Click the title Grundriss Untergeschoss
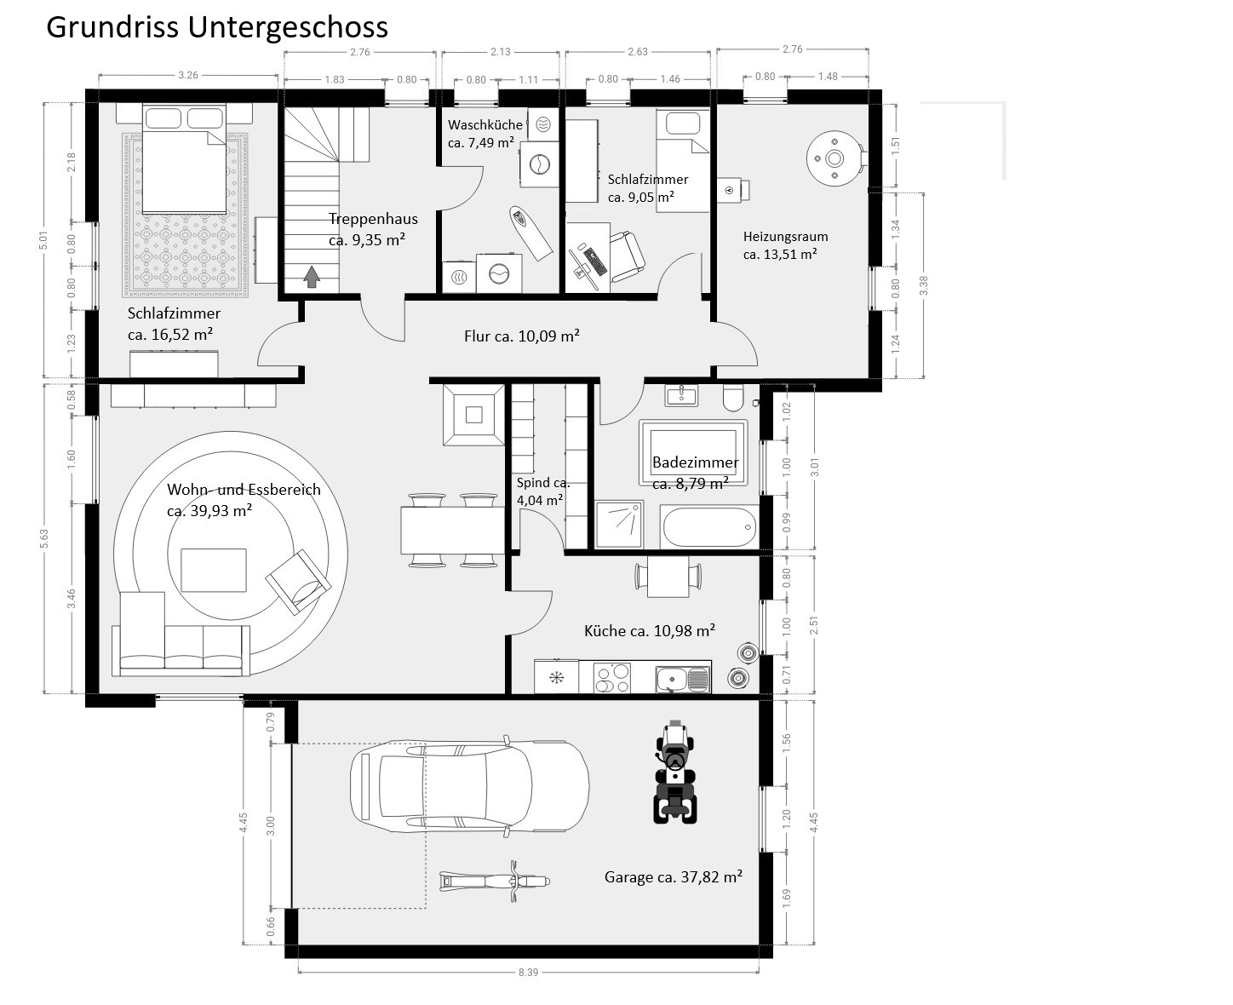[217, 28]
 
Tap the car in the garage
[469, 785]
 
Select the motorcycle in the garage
[495, 882]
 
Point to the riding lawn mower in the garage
[675, 772]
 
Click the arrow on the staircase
[312, 277]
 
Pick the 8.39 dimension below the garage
[528, 973]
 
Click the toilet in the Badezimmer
[733, 397]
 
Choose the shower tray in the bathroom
[619, 524]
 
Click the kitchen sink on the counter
[682, 679]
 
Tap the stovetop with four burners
[612, 678]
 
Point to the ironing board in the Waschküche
[530, 233]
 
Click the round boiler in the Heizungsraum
[835, 158]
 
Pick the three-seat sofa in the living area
[181, 650]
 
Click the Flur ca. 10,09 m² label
[522, 336]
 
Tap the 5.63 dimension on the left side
[44, 539]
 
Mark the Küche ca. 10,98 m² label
[650, 630]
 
